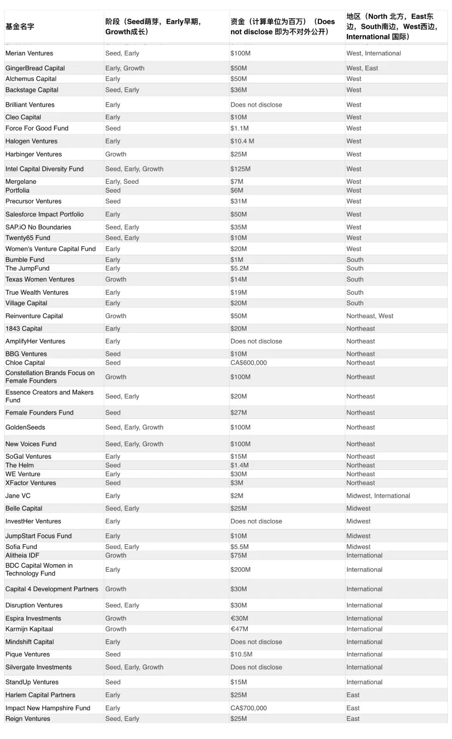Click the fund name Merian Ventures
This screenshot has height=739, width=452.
coord(29,53)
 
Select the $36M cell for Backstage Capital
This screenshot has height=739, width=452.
coord(239,89)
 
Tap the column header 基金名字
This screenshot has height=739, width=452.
coord(20,26)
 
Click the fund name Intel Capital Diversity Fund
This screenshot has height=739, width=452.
coord(44,169)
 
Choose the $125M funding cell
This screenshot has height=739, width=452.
coord(240,169)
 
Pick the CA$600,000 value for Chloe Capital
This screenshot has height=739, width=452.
coord(249,363)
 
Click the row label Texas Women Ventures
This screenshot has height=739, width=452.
coord(40,279)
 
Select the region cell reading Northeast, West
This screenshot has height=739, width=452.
coord(370,316)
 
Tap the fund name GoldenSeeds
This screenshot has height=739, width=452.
coord(25,427)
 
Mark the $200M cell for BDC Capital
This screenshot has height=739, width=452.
coord(240,569)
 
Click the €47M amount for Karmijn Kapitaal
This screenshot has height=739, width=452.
coord(239,629)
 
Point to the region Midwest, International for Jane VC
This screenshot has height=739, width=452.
coord(378,496)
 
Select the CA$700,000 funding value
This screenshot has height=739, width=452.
coord(249,708)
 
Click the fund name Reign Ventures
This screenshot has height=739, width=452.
coord(28,719)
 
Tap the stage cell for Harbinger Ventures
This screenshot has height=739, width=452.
coord(116,154)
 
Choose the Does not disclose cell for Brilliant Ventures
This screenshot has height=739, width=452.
coord(256,105)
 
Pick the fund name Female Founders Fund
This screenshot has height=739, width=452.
coord(39,412)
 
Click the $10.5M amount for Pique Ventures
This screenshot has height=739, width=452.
coord(241,654)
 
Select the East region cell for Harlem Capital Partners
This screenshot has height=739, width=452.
coord(353,695)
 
